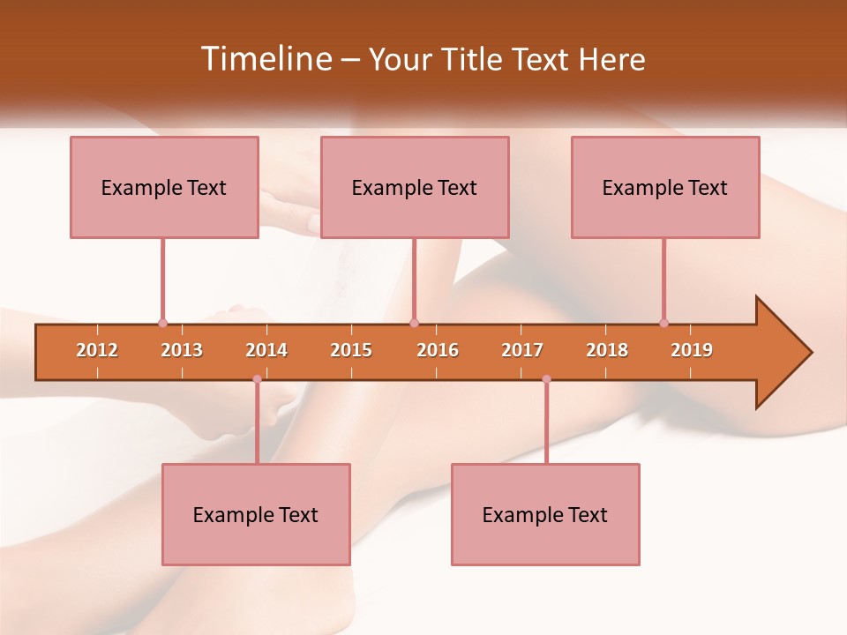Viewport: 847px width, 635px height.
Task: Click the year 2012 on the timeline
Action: click(x=97, y=350)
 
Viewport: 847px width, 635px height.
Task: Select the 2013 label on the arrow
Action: click(x=182, y=350)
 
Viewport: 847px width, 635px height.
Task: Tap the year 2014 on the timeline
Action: click(x=266, y=350)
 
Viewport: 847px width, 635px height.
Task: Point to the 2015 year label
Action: click(x=351, y=350)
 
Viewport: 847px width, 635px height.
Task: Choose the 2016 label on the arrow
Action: click(x=438, y=350)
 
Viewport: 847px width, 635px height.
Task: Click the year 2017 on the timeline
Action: click(x=522, y=350)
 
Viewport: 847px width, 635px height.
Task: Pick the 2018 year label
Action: click(x=607, y=350)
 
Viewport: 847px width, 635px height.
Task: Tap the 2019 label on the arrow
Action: click(x=692, y=350)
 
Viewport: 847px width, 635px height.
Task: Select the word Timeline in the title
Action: click(x=265, y=59)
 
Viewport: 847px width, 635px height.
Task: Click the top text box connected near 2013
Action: click(x=164, y=187)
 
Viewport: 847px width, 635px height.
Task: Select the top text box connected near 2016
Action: click(x=415, y=187)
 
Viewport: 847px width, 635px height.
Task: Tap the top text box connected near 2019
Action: click(x=665, y=187)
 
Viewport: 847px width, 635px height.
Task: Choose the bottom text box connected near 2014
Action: click(x=256, y=514)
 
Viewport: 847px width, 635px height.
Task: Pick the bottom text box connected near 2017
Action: click(x=545, y=514)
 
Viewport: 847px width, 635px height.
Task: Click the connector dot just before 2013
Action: click(x=162, y=324)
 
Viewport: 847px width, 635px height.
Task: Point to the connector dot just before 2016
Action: click(x=414, y=324)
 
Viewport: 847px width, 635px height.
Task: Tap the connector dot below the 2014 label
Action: click(x=257, y=379)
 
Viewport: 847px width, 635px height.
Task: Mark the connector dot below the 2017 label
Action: click(x=546, y=379)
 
